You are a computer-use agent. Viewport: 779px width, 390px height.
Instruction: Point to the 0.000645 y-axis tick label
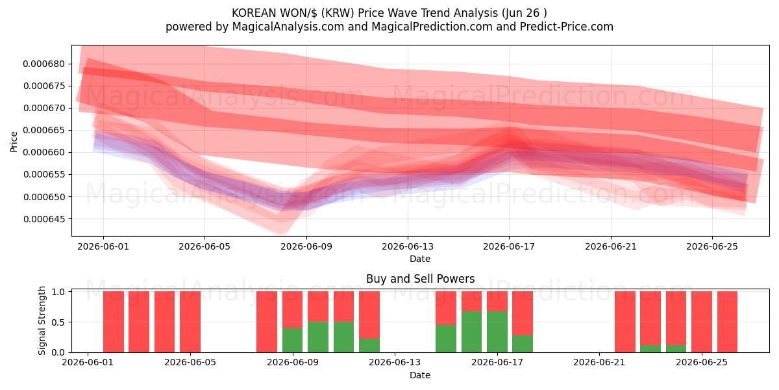(x=44, y=219)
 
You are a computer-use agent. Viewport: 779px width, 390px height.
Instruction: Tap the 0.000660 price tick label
(x=44, y=153)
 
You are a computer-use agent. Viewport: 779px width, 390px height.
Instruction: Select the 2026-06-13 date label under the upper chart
(x=408, y=246)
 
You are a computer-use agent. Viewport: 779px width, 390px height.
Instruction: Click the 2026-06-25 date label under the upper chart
(x=712, y=246)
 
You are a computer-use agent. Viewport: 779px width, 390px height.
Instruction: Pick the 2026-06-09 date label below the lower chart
(x=293, y=362)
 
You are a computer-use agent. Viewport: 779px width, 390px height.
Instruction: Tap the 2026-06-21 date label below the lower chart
(x=599, y=362)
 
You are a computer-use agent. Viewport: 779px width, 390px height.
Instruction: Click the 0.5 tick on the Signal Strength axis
(x=58, y=322)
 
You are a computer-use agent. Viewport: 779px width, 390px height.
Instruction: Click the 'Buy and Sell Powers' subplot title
(x=420, y=279)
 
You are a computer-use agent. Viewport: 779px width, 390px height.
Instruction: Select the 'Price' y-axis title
(x=14, y=142)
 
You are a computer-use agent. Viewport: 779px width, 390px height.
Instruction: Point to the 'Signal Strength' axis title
(x=42, y=320)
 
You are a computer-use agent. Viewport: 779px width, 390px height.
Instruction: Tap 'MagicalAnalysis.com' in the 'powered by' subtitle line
(x=288, y=27)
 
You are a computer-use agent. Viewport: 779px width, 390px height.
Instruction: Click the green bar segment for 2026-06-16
(x=471, y=332)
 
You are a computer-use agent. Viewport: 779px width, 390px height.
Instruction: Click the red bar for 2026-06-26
(x=727, y=322)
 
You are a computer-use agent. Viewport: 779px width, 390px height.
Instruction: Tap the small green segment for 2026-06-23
(x=650, y=348)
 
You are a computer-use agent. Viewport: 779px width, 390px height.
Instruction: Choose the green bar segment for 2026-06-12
(x=369, y=345)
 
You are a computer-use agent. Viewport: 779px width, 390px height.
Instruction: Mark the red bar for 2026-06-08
(x=267, y=322)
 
